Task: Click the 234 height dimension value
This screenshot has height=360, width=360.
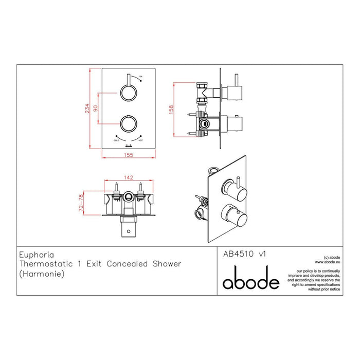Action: [88, 109]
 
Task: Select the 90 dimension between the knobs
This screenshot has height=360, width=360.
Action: [94, 108]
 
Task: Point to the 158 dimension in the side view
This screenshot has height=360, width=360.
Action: [172, 110]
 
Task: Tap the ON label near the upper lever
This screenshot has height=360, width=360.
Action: [141, 77]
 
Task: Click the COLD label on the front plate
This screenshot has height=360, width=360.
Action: [116, 140]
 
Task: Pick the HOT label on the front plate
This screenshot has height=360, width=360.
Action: [140, 140]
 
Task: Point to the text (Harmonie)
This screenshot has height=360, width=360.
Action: [39, 274]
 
